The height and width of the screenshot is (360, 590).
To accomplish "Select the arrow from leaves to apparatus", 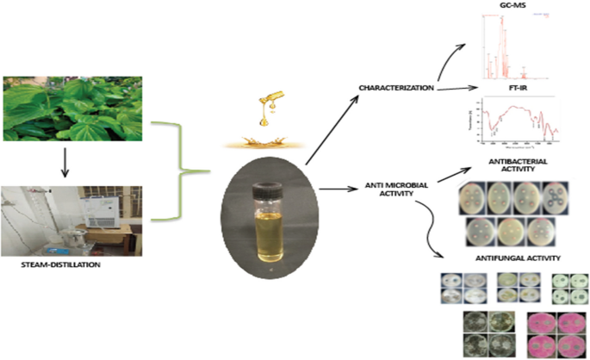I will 65,164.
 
